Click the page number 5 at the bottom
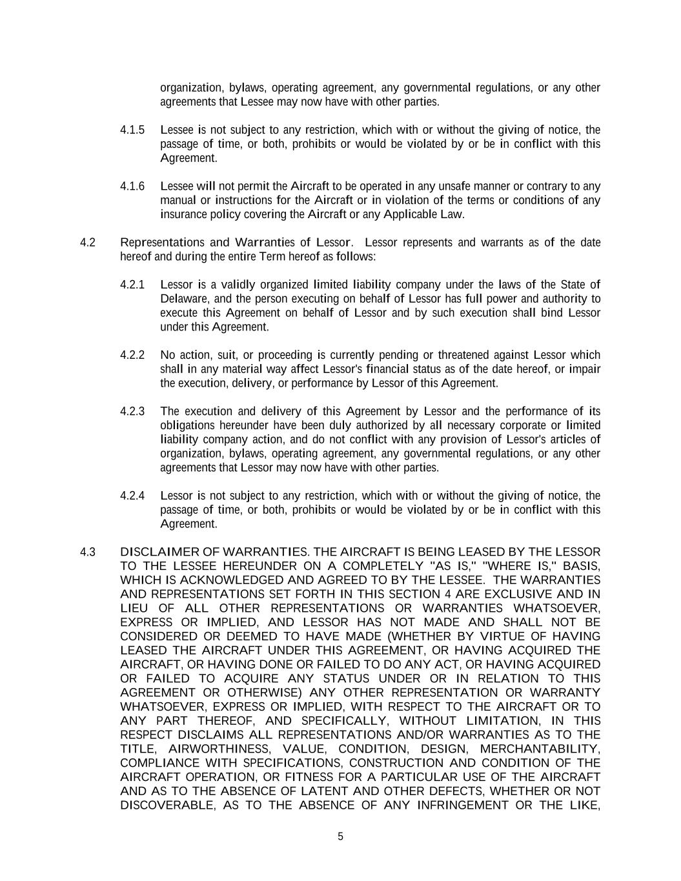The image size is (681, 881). tap(340, 837)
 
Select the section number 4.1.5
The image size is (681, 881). tap(132, 130)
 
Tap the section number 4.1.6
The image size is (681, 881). tap(132, 187)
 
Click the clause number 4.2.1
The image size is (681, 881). tap(132, 285)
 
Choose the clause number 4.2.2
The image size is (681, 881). tap(132, 355)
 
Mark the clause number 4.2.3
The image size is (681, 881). tap(132, 411)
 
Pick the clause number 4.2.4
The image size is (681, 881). tap(132, 496)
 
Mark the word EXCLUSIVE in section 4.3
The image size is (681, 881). tap(518, 594)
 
